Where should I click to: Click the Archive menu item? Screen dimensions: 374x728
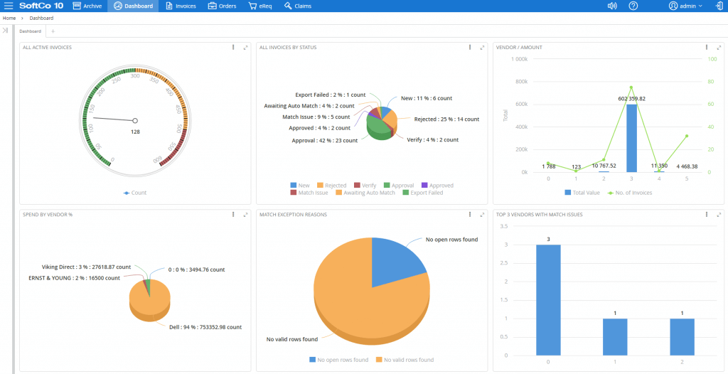point(87,6)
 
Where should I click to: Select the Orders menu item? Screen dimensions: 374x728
point(223,6)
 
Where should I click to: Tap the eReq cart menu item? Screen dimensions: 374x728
point(260,6)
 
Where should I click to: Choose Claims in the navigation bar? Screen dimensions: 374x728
point(298,6)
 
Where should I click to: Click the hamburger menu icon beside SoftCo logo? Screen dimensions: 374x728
point(9,6)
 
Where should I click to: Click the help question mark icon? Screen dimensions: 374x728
point(633,6)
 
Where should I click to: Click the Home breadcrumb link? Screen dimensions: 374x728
point(9,18)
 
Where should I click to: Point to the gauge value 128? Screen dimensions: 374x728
point(135,132)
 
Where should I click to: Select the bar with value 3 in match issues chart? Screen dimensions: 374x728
point(549,299)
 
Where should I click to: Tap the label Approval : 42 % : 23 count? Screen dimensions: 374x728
point(324,141)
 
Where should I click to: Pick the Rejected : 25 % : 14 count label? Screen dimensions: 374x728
point(446,119)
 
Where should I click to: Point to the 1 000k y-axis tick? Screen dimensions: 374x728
point(518,59)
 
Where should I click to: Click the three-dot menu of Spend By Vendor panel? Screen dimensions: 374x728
point(233,214)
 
